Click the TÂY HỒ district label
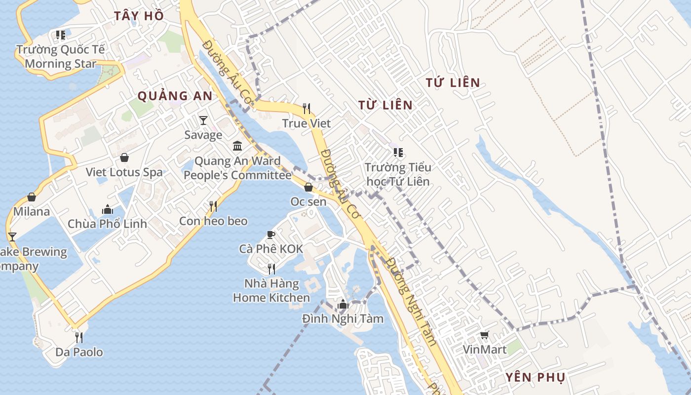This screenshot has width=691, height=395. click(139, 16)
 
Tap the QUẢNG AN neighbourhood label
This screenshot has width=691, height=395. click(175, 96)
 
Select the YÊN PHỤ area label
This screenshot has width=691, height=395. click(535, 378)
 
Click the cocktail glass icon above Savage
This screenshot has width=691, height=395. click(203, 120)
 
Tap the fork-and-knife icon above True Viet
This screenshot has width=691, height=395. click(307, 108)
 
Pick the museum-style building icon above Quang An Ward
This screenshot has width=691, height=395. click(237, 146)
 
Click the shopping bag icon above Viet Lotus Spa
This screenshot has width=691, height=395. click(124, 158)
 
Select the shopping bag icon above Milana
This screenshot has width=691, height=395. click(32, 197)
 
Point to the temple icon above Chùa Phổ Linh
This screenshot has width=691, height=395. click(107, 209)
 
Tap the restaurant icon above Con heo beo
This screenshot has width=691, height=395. click(213, 206)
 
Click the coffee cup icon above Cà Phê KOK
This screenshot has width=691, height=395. click(271, 234)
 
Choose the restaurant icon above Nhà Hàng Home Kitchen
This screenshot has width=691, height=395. click(271, 269)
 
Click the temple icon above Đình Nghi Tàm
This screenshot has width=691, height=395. click(343, 304)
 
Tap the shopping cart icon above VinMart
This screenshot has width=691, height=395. click(485, 335)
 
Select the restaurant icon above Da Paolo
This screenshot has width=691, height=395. click(79, 337)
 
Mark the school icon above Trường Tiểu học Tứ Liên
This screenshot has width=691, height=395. click(398, 153)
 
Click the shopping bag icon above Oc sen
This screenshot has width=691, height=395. click(308, 187)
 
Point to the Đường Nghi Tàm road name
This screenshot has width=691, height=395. click(412, 301)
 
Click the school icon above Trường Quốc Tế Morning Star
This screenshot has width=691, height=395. click(61, 35)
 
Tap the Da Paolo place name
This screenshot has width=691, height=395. click(79, 352)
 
